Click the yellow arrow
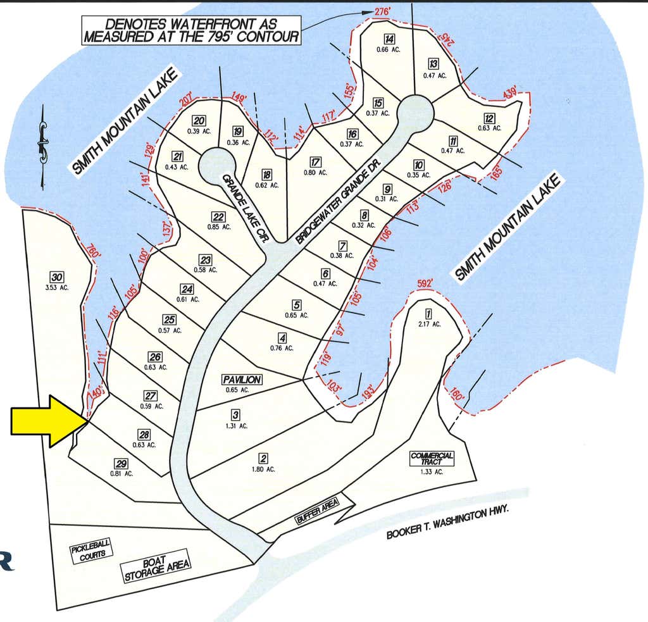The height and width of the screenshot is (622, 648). click(49, 421)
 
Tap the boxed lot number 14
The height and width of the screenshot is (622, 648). click(389, 39)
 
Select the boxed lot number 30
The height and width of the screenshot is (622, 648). click(56, 277)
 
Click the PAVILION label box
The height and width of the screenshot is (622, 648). click(242, 380)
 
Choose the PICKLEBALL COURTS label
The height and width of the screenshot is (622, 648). click(91, 551)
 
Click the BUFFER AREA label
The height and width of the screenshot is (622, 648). click(317, 511)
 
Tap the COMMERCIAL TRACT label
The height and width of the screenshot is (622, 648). click(432, 458)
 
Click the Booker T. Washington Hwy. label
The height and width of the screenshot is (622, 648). click(447, 523)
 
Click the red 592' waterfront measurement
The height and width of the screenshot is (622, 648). click(425, 283)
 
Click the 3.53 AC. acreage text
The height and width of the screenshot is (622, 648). click(56, 288)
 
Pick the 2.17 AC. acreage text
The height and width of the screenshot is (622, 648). click(430, 324)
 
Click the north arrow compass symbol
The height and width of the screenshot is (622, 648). click(42, 147)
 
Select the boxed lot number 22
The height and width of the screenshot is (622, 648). click(218, 217)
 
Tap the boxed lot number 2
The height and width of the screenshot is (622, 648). click(263, 458)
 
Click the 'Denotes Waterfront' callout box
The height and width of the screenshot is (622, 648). click(191, 30)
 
